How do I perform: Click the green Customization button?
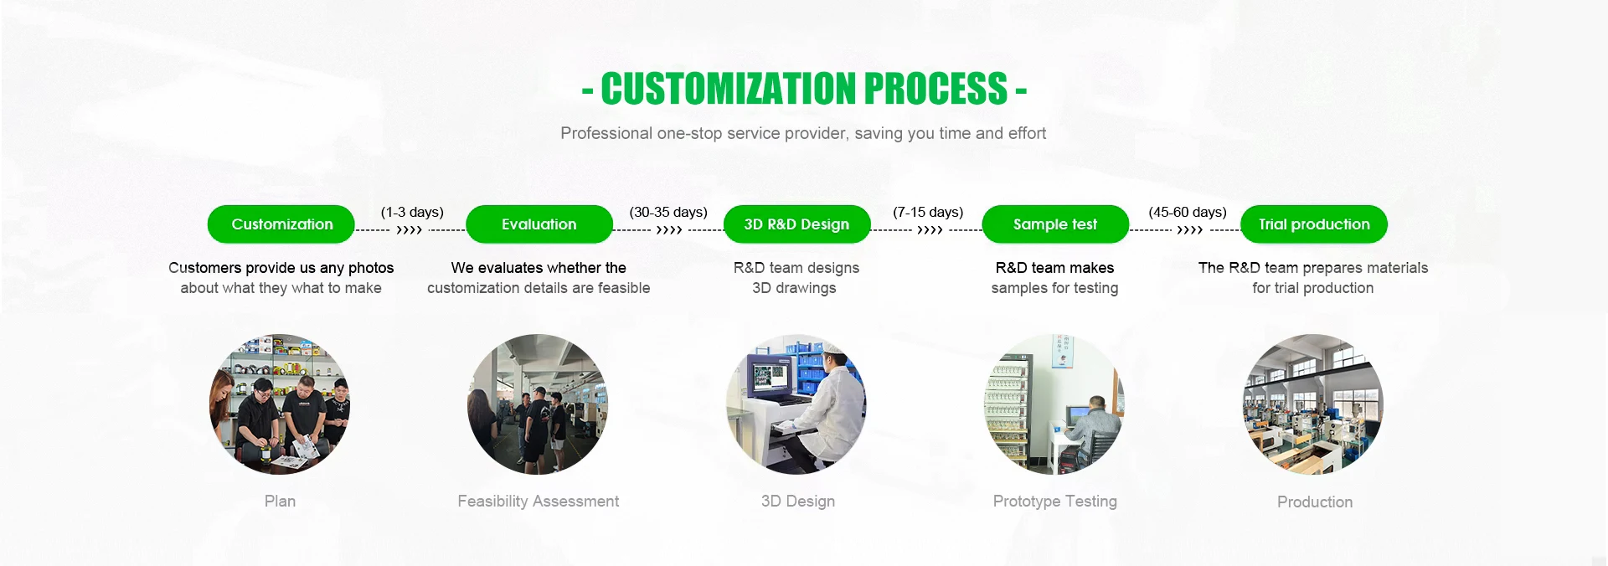click(281, 224)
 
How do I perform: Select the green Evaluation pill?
click(539, 224)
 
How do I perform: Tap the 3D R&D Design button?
click(796, 224)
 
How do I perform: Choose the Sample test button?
click(1054, 224)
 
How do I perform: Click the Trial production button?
click(1313, 224)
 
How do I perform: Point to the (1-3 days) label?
click(412, 212)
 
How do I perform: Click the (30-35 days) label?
click(668, 212)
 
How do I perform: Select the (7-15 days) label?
click(928, 212)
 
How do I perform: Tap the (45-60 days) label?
click(1188, 212)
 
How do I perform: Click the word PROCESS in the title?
click(935, 89)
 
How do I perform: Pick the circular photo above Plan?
click(280, 404)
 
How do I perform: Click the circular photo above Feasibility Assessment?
click(538, 404)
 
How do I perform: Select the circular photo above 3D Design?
click(796, 404)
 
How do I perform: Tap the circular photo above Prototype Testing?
click(1054, 404)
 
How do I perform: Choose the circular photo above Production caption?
click(1313, 404)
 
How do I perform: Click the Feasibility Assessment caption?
click(538, 501)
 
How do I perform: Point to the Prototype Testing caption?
click(1054, 501)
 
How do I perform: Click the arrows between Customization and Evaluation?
click(410, 230)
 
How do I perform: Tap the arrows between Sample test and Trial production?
click(1189, 230)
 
